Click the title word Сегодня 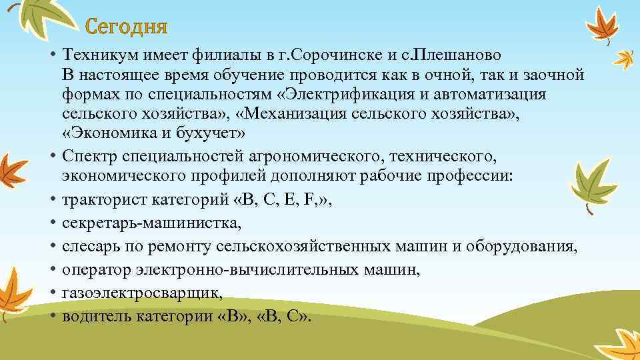[127, 28]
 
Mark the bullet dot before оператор [51, 271]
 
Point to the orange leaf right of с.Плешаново [625, 58]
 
